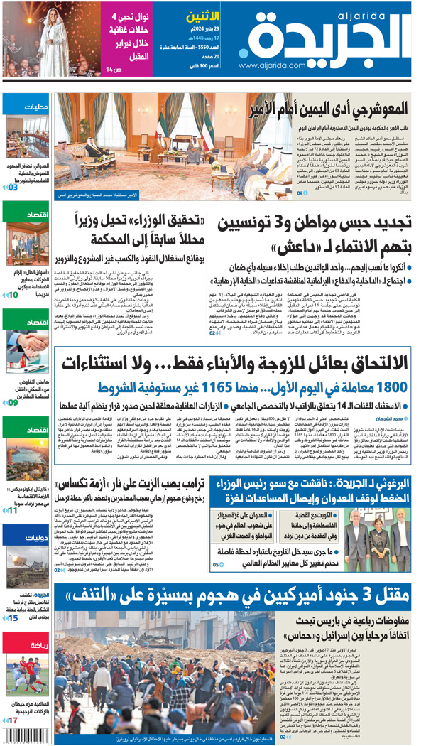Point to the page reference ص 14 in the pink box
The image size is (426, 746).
(114, 68)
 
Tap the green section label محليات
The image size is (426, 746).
(35, 107)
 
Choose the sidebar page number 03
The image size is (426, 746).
(13, 188)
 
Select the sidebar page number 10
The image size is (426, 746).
(13, 294)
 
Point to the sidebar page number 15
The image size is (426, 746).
(13, 618)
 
